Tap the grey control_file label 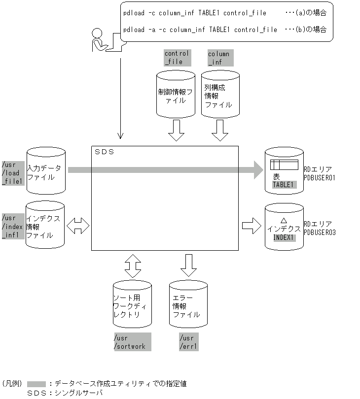click(177, 58)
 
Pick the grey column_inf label click(220, 58)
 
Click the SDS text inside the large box click(104, 152)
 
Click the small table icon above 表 click(285, 165)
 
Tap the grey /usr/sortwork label click(132, 342)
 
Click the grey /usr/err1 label click(188, 342)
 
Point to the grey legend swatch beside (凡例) click(36, 383)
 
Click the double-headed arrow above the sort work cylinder click(132, 266)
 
